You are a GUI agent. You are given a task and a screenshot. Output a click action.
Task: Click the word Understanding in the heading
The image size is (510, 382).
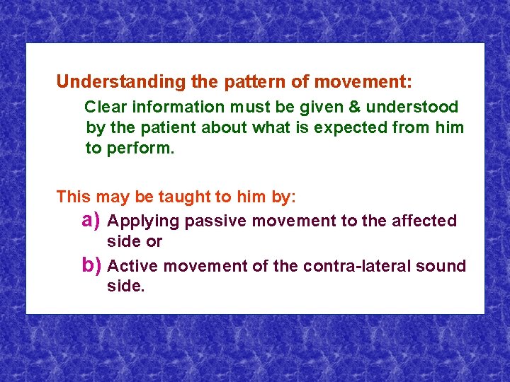pos(120,82)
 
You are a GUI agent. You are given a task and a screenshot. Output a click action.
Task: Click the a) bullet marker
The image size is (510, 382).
pos(91,221)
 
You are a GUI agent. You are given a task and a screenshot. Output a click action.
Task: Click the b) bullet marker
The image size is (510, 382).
pos(91,266)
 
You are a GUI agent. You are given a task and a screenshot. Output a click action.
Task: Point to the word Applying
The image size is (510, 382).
pos(145,221)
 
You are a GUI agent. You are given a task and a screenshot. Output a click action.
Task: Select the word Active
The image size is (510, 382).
pos(132,267)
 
